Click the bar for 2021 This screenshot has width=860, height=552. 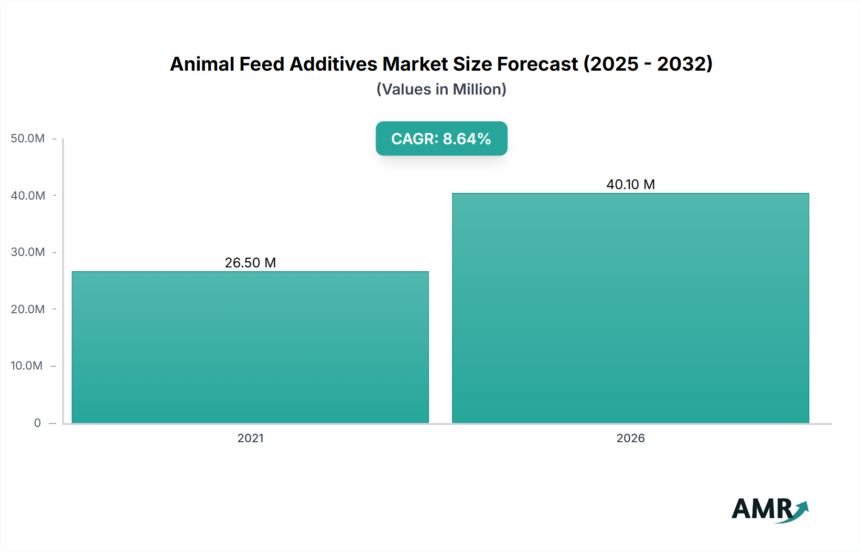point(250,347)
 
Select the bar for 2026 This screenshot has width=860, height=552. point(630,308)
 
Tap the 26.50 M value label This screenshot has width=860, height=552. point(250,263)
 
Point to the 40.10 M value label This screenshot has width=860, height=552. point(630,184)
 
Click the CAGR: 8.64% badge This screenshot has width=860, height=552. point(441,138)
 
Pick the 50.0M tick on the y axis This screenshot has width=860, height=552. point(28,138)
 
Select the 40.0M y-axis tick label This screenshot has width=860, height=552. point(28,195)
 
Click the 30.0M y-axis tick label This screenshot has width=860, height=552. point(28,252)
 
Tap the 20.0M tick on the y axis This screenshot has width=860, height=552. point(28,309)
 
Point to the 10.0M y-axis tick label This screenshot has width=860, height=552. point(27,366)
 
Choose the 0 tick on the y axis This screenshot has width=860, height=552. point(37,423)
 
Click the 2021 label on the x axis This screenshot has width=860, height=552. point(250,438)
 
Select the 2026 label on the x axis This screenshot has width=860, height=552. point(630,438)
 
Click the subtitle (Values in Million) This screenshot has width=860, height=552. point(441,89)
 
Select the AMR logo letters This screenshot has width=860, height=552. point(762,509)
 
